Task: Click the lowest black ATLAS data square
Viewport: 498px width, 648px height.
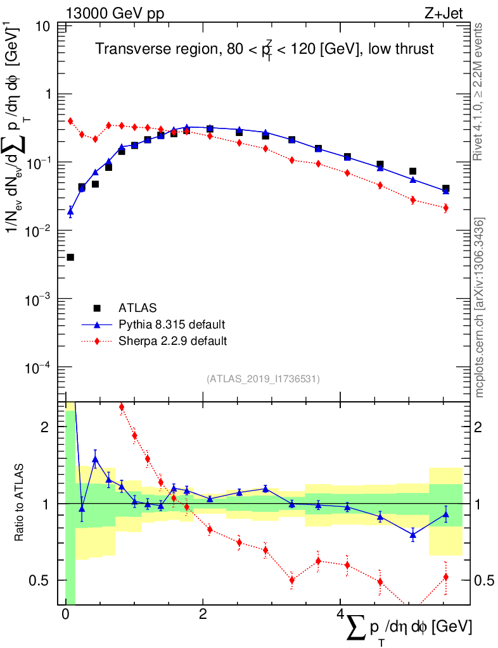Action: click(x=70, y=257)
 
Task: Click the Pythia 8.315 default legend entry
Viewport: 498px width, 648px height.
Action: click(x=172, y=325)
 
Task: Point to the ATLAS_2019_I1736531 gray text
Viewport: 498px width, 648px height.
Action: click(x=263, y=378)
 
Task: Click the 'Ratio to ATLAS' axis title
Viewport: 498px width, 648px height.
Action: click(x=20, y=503)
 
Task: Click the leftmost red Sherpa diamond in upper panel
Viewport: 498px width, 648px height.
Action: click(x=70, y=121)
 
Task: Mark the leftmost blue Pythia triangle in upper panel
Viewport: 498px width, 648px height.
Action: click(x=70, y=211)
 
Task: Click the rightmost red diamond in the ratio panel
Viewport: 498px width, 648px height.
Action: click(x=446, y=576)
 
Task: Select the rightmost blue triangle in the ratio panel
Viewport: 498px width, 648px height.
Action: click(x=446, y=514)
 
